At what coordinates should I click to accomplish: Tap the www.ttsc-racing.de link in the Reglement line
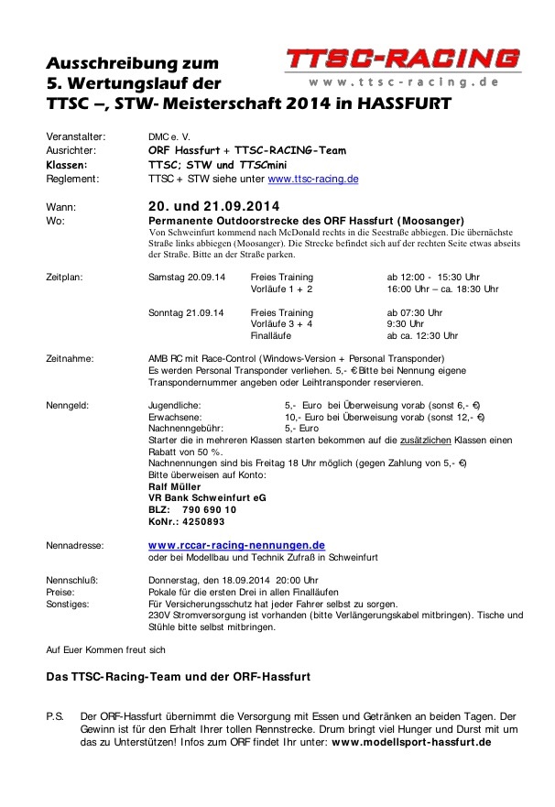[x=312, y=180]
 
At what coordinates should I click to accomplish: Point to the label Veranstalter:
[x=76, y=136]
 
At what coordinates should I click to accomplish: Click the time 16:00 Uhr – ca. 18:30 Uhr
[x=442, y=289]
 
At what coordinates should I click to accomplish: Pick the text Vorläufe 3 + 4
[x=281, y=323]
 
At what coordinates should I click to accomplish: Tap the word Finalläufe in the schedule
[x=273, y=335]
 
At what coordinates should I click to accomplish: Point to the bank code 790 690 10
[x=209, y=509]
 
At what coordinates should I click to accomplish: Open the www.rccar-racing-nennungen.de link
[x=236, y=545]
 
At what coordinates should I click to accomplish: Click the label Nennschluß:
[x=71, y=580]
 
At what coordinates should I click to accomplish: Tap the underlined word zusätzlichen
[x=423, y=440]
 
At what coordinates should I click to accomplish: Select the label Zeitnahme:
[x=71, y=358]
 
